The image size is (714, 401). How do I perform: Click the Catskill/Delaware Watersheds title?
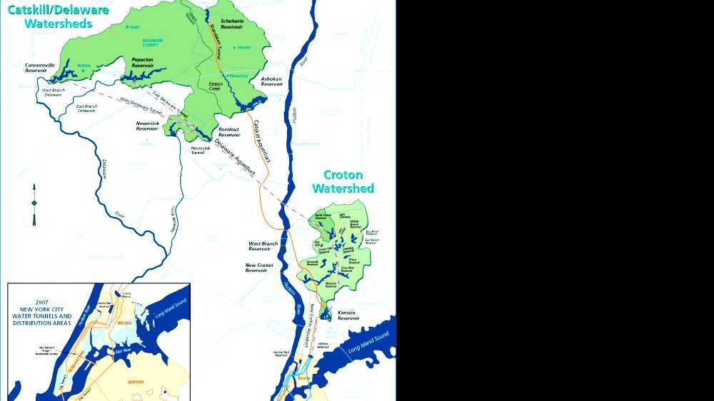point(58,16)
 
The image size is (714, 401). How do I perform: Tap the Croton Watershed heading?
point(343,182)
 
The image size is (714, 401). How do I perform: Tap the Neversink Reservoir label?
point(147,126)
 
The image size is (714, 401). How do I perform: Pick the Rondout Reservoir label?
point(229,131)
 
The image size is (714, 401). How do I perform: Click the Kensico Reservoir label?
point(348,315)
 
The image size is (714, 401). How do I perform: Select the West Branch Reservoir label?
point(263,246)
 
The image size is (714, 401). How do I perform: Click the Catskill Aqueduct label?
point(261,141)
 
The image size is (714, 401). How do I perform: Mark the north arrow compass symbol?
point(34,204)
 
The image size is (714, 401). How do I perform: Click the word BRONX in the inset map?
point(125,323)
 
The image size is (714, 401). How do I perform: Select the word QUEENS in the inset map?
point(136,382)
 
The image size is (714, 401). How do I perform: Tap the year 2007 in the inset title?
point(42,302)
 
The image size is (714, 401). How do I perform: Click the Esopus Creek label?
point(216,86)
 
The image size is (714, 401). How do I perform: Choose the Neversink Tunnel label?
point(198,150)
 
